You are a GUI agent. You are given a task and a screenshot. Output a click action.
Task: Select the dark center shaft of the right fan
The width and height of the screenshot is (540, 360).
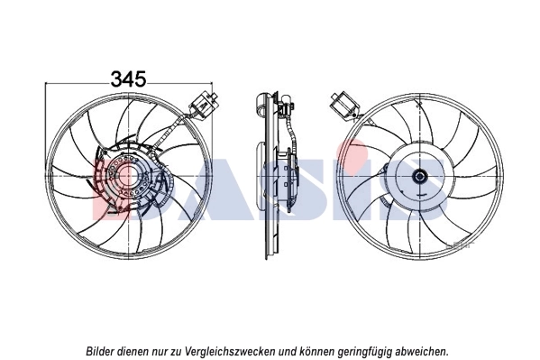(419, 176)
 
